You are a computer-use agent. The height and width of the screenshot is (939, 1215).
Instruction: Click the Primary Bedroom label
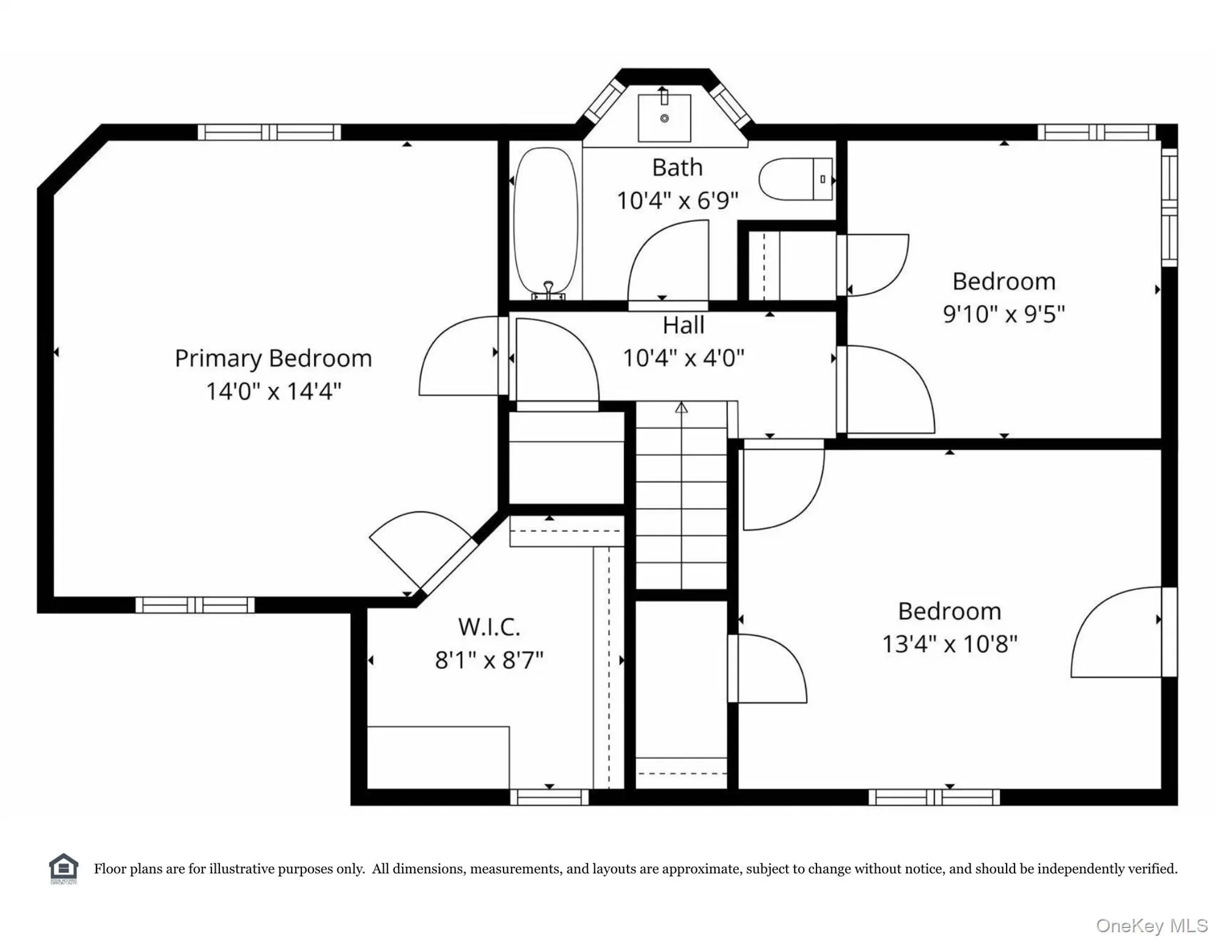pyautogui.click(x=273, y=359)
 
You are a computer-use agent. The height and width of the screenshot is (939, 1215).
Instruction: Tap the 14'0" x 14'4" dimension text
pyautogui.click(x=273, y=391)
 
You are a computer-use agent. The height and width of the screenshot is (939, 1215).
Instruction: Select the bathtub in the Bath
pyautogui.click(x=546, y=223)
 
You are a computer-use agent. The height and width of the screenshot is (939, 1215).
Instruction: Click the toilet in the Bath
pyautogui.click(x=796, y=179)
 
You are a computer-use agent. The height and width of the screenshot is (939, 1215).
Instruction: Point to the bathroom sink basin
pyautogui.click(x=664, y=118)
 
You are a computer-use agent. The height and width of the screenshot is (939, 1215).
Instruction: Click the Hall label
pyautogui.click(x=683, y=325)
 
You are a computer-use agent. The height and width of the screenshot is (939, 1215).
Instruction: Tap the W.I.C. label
pyautogui.click(x=489, y=627)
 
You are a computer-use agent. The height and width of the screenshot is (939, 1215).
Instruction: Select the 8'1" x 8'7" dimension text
pyautogui.click(x=489, y=660)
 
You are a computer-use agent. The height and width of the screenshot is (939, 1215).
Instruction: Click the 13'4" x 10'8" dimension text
pyautogui.click(x=949, y=644)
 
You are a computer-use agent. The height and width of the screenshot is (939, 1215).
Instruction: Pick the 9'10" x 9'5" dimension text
pyautogui.click(x=1004, y=314)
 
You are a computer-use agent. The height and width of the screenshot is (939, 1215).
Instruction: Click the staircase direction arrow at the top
pyautogui.click(x=681, y=407)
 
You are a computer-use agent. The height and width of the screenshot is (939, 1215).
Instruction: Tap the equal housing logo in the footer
pyautogui.click(x=64, y=869)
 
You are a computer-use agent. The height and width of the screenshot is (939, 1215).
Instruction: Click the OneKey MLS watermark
pyautogui.click(x=1152, y=926)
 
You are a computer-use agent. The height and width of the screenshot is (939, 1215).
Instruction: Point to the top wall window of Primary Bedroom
pyautogui.click(x=269, y=132)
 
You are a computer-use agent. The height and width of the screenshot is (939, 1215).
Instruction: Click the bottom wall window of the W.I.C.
pyautogui.click(x=549, y=797)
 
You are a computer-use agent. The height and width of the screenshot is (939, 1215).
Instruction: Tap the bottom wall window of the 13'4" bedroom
pyautogui.click(x=934, y=797)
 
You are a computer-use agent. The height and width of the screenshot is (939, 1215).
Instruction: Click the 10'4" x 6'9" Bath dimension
pyautogui.click(x=677, y=201)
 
